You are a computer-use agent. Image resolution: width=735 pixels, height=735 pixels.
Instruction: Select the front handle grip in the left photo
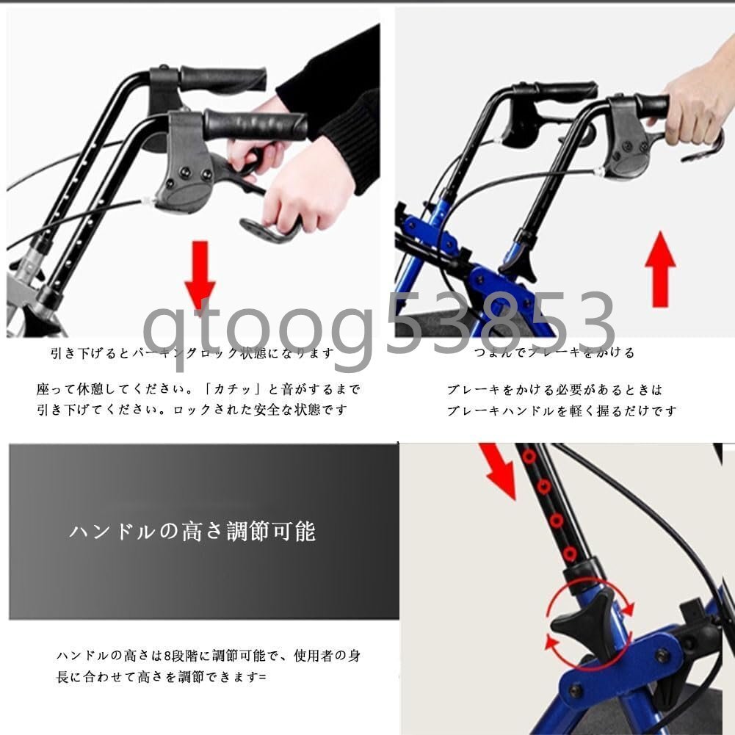pos(255,125)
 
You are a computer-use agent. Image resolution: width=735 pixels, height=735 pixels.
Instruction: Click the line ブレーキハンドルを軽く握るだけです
pos(562,411)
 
